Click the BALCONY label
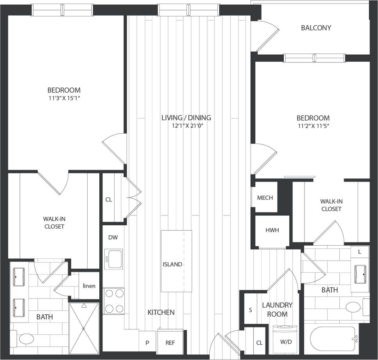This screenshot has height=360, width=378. click(x=316, y=28)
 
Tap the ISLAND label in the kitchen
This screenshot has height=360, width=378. click(x=172, y=264)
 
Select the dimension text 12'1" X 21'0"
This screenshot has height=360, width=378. click(x=186, y=126)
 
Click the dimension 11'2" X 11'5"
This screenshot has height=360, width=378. click(x=313, y=126)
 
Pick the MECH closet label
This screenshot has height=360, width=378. click(x=265, y=198)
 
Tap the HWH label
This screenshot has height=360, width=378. click(x=272, y=230)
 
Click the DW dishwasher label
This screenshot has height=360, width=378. click(x=113, y=237)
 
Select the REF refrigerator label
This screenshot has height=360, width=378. click(x=170, y=343)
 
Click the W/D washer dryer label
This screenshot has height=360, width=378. click(x=286, y=342)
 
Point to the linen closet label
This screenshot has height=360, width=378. click(x=89, y=286)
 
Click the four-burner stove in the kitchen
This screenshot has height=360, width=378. click(x=114, y=301)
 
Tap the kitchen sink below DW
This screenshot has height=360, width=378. click(x=114, y=259)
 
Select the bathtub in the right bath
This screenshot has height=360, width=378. click(x=334, y=338)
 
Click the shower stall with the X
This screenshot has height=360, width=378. click(x=84, y=328)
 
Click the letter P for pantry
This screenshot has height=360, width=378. click(x=148, y=343)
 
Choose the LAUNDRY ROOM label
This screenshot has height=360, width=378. click(x=277, y=309)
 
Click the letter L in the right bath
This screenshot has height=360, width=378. click(x=360, y=252)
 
